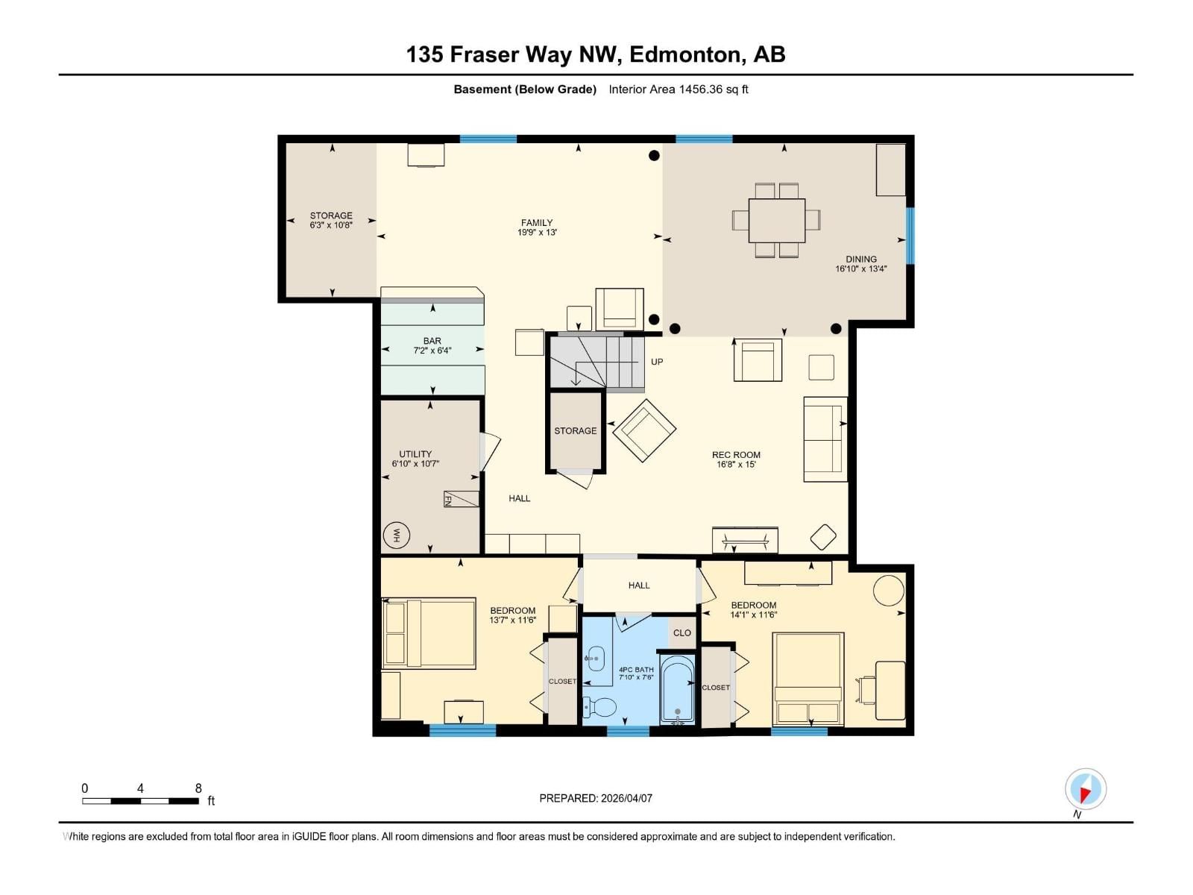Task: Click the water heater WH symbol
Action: [x=397, y=535]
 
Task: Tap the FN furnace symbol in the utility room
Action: [x=460, y=499]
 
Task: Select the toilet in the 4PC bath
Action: [x=601, y=706]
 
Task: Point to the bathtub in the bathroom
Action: [x=678, y=689]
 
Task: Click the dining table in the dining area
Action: [x=777, y=220]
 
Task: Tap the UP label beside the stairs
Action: [x=657, y=362]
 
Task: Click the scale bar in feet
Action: [x=140, y=801]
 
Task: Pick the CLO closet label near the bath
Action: [x=682, y=632]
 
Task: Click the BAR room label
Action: [x=432, y=341]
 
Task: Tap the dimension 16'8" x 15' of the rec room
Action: [x=736, y=465]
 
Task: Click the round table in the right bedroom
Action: [x=889, y=590]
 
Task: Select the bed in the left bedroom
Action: [x=429, y=633]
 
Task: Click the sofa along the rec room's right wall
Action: [x=825, y=439]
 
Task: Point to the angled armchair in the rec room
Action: [x=644, y=430]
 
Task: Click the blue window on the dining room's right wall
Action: [x=910, y=236]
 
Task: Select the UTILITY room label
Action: [x=415, y=453]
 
